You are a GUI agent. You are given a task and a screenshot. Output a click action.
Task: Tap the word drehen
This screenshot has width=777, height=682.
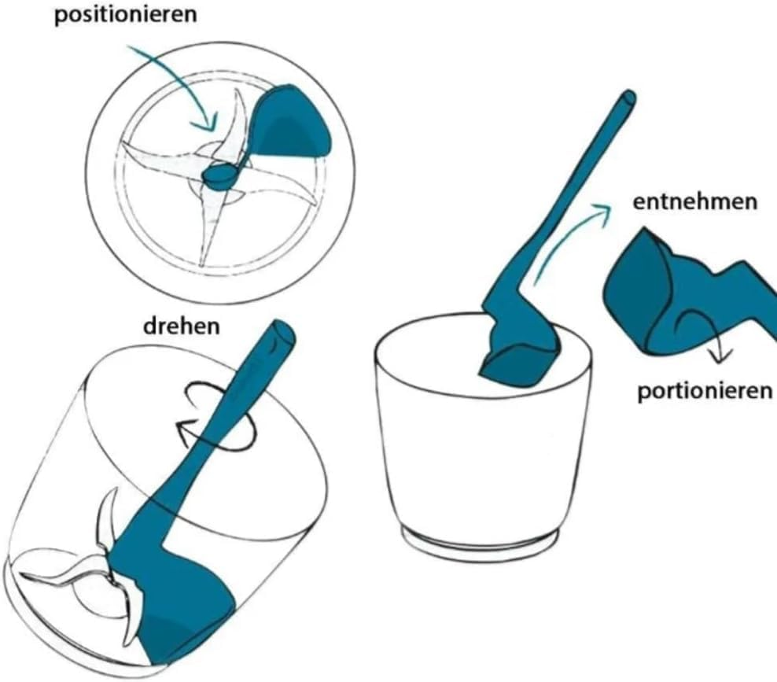pyautogui.click(x=182, y=326)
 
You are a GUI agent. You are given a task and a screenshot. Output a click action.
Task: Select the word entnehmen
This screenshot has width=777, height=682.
pyautogui.click(x=695, y=201)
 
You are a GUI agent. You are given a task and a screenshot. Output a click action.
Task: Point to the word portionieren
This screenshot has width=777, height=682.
pyautogui.click(x=704, y=391)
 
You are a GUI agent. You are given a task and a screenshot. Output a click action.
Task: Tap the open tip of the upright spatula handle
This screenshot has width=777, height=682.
pyautogui.click(x=628, y=99)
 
